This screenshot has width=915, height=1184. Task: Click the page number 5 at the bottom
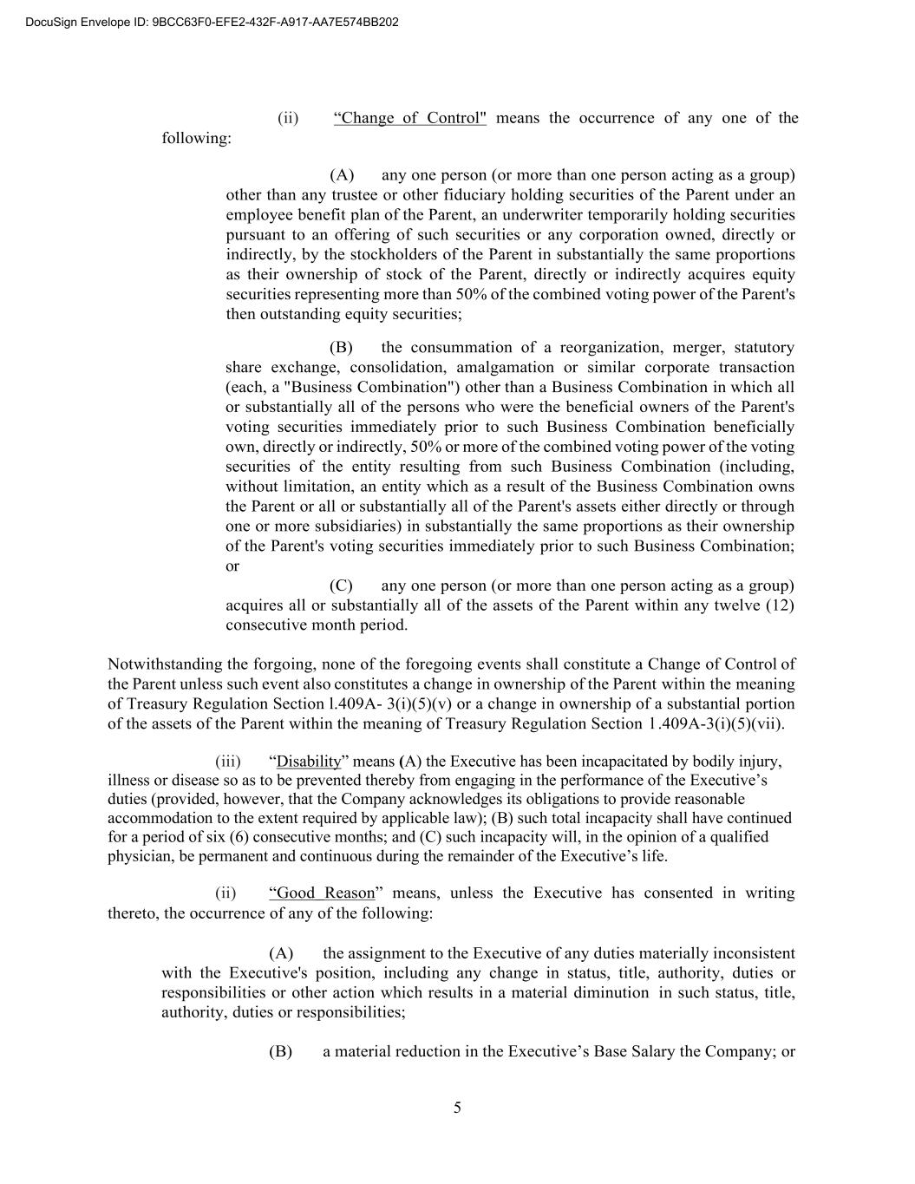tap(457, 1108)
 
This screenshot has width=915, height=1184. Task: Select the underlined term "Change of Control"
tap(410, 118)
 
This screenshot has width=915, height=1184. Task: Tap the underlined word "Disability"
tap(309, 762)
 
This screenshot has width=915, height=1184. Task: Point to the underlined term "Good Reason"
tap(325, 893)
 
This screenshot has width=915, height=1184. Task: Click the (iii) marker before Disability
tap(227, 762)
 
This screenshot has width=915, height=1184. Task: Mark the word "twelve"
tap(736, 605)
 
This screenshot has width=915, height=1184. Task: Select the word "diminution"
tap(612, 992)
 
